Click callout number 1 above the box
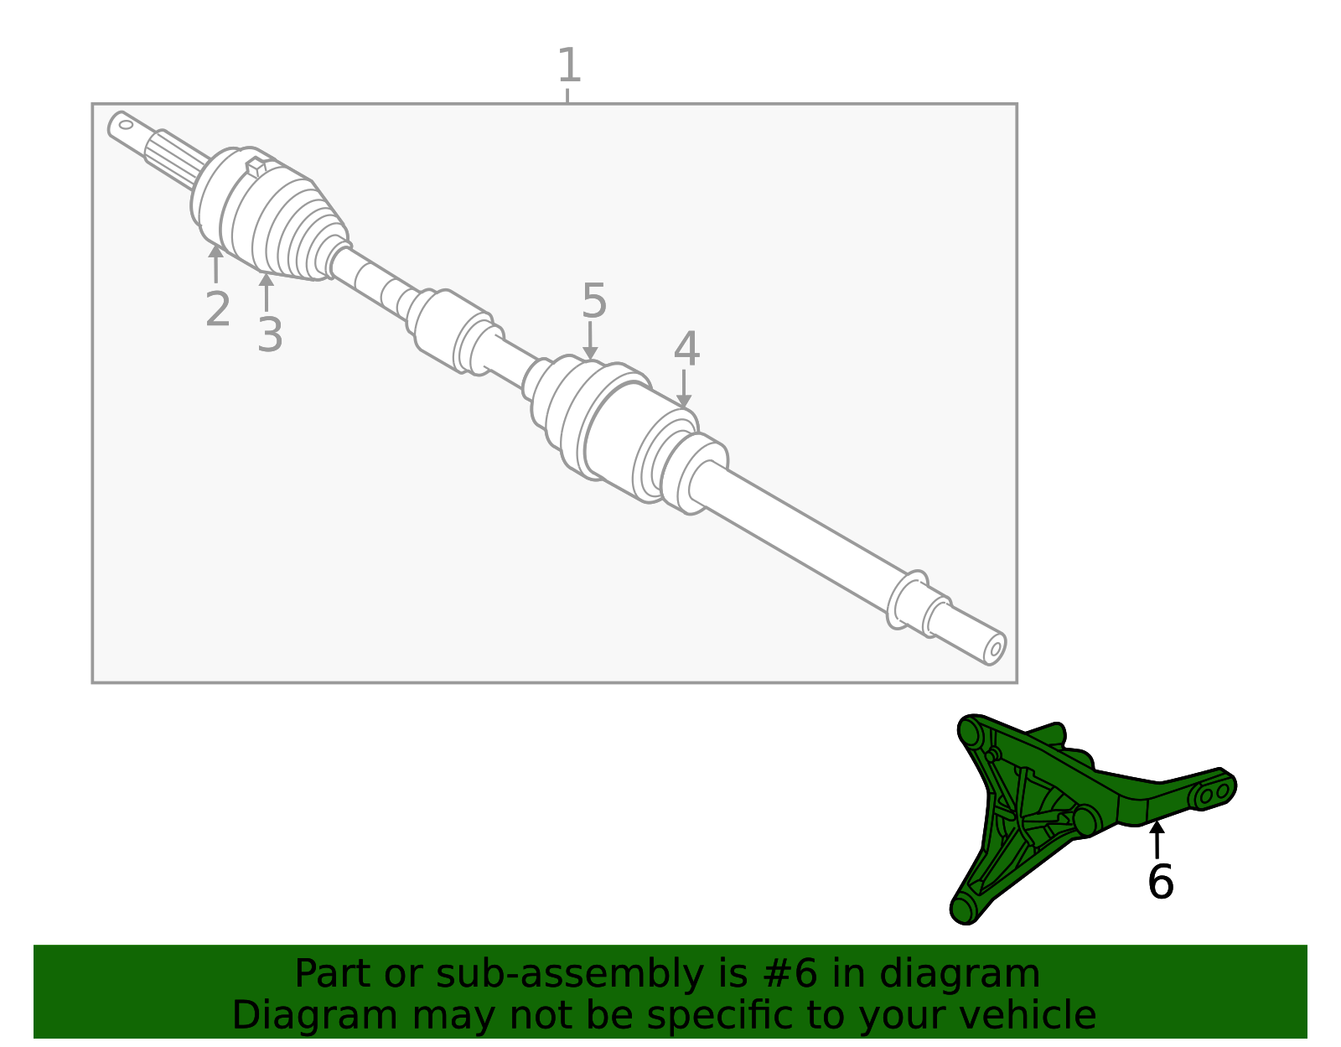(568, 65)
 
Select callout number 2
(217, 309)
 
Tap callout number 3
(269, 335)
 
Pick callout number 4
(686, 350)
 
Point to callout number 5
(593, 301)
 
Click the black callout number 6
(1160, 882)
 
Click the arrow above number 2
(216, 263)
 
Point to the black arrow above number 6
(1157, 838)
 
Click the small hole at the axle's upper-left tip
(126, 125)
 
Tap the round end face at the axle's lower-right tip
(995, 649)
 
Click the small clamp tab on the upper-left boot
(256, 167)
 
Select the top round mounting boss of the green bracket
(971, 733)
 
